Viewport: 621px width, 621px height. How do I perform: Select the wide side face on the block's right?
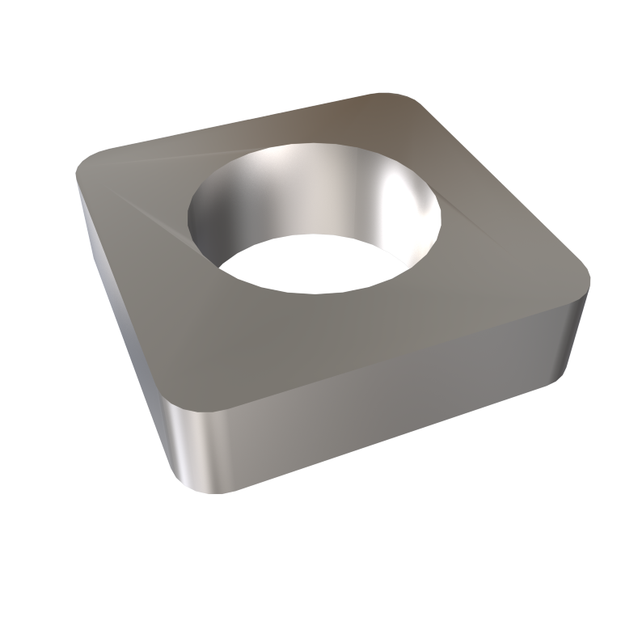[x=388, y=396]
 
